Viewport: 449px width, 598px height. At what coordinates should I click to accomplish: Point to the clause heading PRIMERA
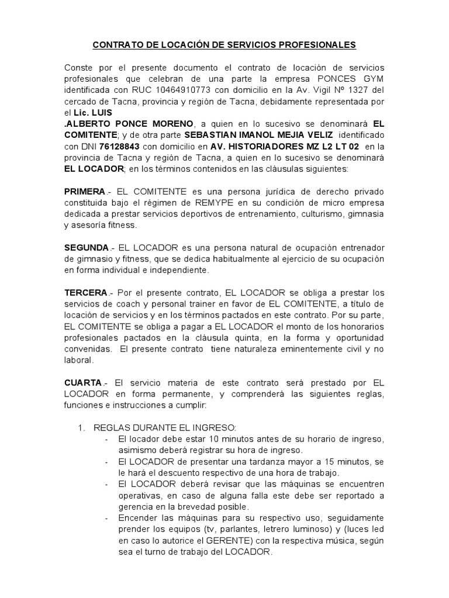click(84, 192)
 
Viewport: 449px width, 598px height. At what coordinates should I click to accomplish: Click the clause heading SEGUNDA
click(87, 248)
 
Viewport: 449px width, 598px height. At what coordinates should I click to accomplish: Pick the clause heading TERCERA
click(85, 293)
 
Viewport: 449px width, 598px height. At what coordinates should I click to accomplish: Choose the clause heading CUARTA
click(83, 383)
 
